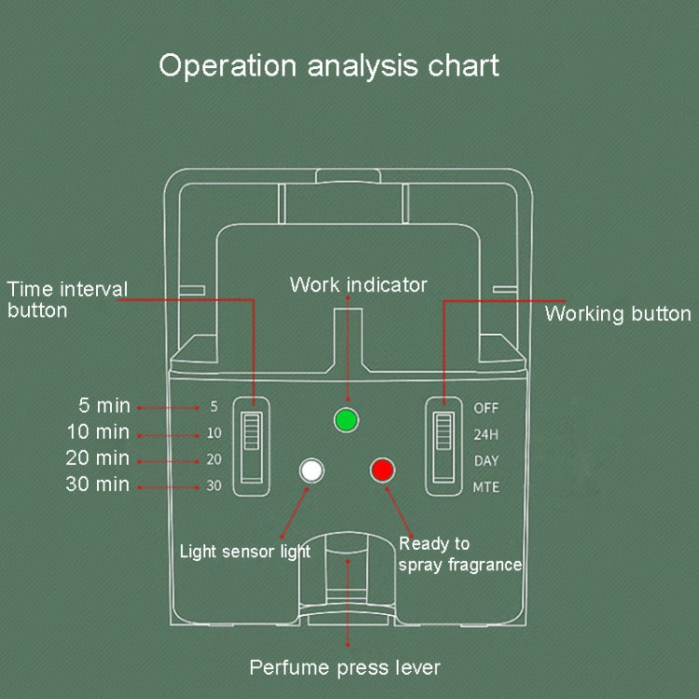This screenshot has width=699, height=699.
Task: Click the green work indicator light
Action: pyautogui.click(x=347, y=419)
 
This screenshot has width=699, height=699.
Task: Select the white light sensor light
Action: pyautogui.click(x=310, y=470)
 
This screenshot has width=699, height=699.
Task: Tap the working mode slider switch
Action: pyautogui.click(x=444, y=446)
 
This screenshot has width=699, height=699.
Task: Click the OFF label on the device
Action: pyautogui.click(x=487, y=407)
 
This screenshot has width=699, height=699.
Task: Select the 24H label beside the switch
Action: pyautogui.click(x=487, y=433)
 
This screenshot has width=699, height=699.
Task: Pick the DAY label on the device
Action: pyautogui.click(x=487, y=460)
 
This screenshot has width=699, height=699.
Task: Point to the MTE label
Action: pyautogui.click(x=487, y=487)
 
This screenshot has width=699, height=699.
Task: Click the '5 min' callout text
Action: pyautogui.click(x=103, y=405)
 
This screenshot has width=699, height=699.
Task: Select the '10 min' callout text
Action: pyautogui.click(x=98, y=432)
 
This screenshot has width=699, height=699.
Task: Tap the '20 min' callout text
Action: pyautogui.click(x=98, y=458)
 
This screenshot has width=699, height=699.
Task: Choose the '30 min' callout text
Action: pyautogui.click(x=98, y=484)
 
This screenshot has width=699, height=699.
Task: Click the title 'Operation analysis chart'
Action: pyautogui.click(x=329, y=65)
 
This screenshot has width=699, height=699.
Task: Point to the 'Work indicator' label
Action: pyautogui.click(x=358, y=284)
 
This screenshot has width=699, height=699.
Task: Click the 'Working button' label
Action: pyautogui.click(x=618, y=313)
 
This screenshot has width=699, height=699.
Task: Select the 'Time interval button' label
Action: pyautogui.click(x=67, y=299)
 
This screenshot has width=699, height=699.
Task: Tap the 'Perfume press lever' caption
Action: pyautogui.click(x=345, y=667)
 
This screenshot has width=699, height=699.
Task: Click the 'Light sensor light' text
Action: pyautogui.click(x=244, y=552)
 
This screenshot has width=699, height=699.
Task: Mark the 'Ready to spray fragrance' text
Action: pyautogui.click(x=459, y=555)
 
